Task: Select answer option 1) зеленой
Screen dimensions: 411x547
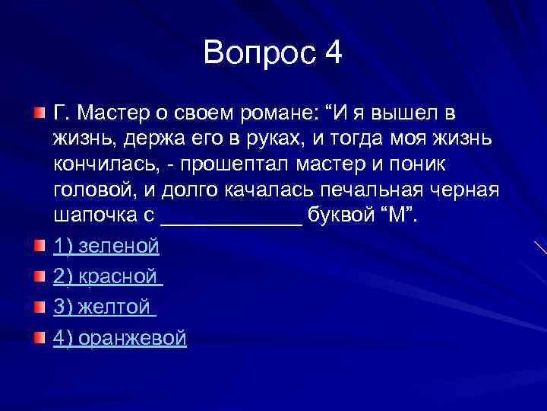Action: click(106, 246)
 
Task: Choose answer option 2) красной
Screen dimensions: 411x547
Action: click(109, 277)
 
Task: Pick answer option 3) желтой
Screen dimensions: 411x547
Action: click(105, 307)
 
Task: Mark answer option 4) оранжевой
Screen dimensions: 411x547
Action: click(120, 338)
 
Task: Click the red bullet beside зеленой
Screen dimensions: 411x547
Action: click(40, 245)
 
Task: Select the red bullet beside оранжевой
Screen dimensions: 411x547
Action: click(40, 337)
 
